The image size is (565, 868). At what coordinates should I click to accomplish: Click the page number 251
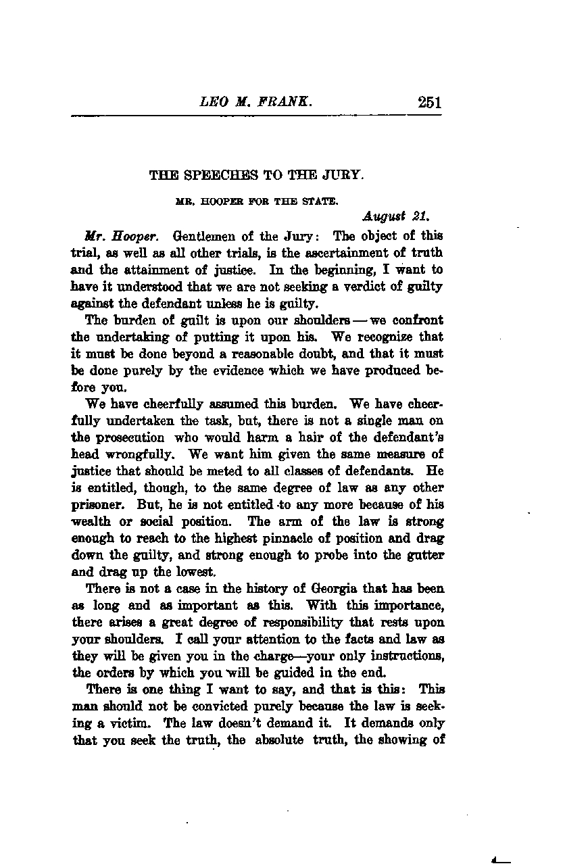(429, 103)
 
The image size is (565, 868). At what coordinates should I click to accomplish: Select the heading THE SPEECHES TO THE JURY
(256, 175)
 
